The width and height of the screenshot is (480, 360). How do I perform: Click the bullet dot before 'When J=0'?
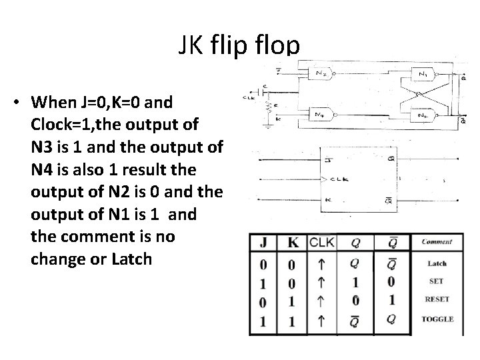pos(15,103)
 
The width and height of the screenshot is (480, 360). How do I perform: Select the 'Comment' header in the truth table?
pos(437,242)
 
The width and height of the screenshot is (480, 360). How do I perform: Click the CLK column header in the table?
pos(323,241)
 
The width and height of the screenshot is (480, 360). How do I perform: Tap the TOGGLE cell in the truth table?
pos(437,319)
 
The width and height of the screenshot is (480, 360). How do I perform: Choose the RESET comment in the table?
pos(437,300)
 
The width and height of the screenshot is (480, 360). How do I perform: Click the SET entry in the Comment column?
pos(437,281)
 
